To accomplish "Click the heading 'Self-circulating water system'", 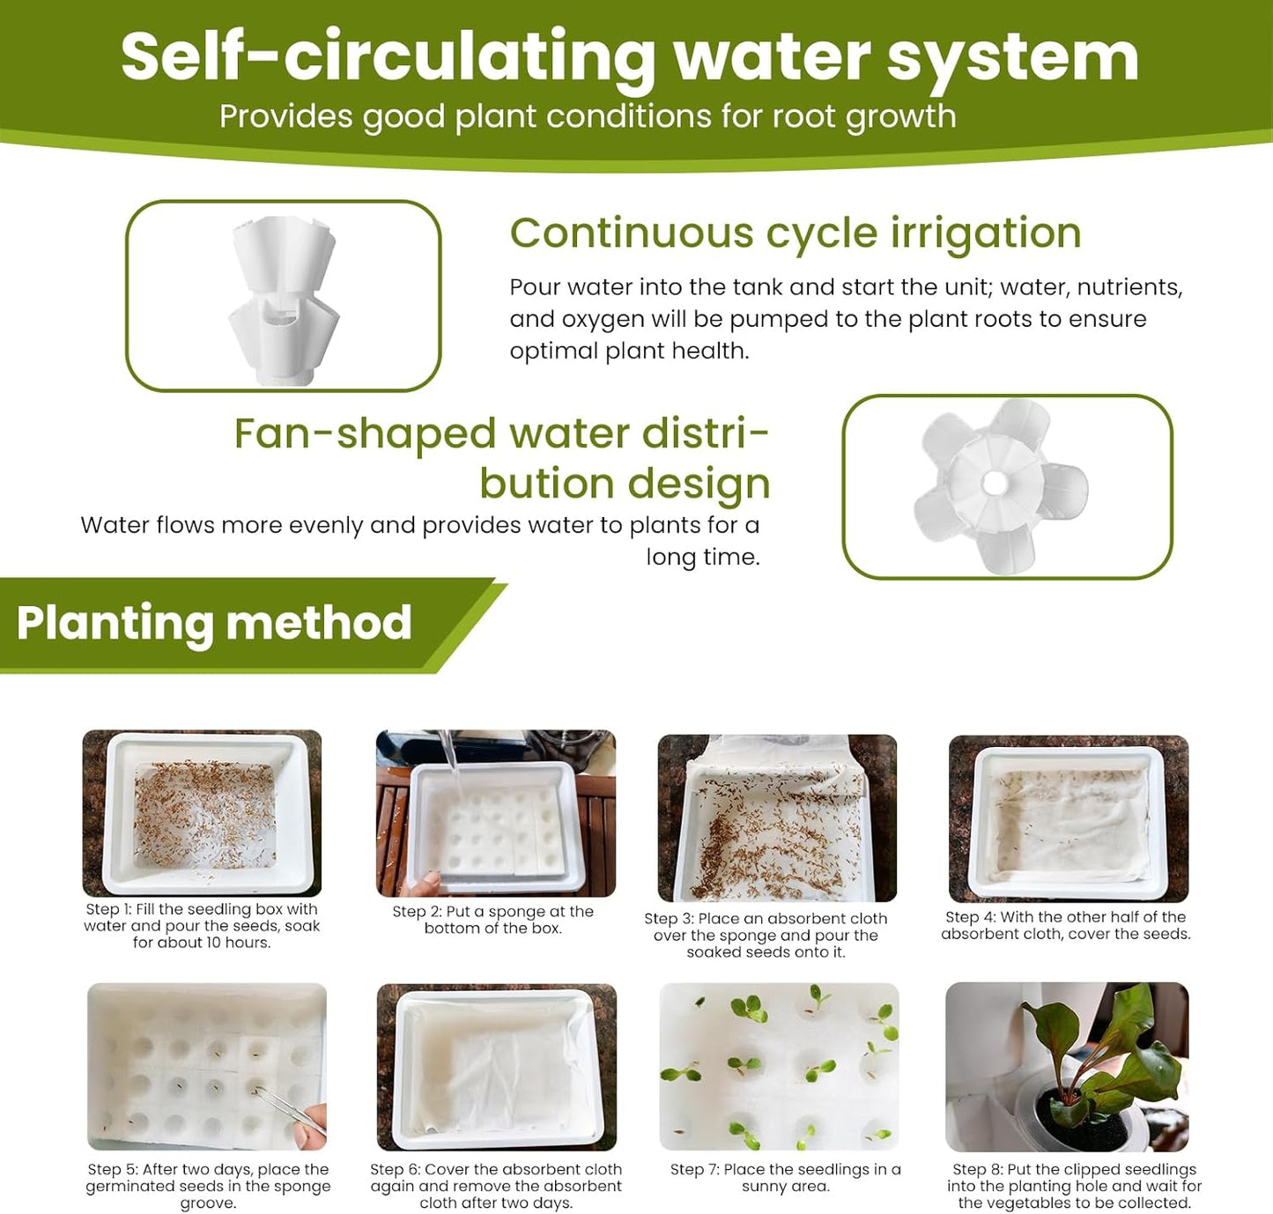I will coord(629,58).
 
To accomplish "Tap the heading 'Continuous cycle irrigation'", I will coord(795,233).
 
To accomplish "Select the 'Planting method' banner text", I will coord(214,623).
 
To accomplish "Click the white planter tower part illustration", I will coord(283,297).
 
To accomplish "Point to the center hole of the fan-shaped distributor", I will coord(995,483).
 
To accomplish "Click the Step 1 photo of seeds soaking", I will coord(202,812).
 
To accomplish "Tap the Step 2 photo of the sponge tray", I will coord(495,812).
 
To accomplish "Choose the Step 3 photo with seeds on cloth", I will coord(776,818).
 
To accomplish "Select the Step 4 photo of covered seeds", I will coord(1068,818).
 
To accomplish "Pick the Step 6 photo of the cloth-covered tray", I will coord(496,1067).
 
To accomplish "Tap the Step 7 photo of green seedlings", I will coord(779,1066).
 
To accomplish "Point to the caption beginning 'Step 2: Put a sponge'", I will coord(492,920).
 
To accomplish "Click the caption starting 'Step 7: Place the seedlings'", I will coord(785,1178).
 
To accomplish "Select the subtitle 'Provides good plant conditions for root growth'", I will coord(587,116).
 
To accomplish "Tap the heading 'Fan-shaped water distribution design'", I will coord(501,458).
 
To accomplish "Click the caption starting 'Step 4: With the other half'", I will coord(1065,925).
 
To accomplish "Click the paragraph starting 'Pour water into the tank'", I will coord(846,319).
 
